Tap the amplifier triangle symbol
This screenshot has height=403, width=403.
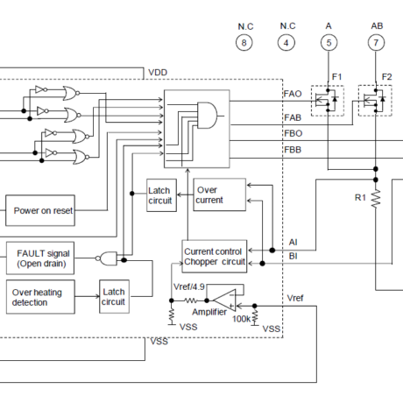tap(225, 300)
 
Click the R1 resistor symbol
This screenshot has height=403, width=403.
tap(376, 199)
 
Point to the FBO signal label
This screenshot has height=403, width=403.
tap(293, 133)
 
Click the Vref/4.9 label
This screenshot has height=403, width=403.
tap(189, 286)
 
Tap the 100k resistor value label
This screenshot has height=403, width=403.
tap(241, 319)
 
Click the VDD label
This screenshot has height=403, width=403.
tap(158, 73)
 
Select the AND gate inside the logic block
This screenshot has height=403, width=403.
tap(208, 116)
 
